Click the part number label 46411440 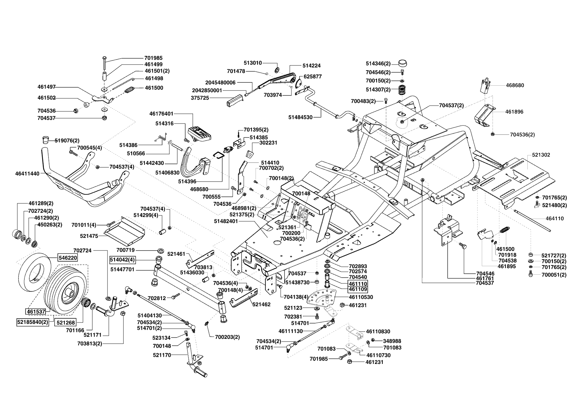pyautogui.click(x=27, y=174)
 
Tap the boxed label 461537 pyautogui.click(x=36, y=311)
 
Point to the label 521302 pyautogui.click(x=541, y=155)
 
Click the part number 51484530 pyautogui.click(x=300, y=117)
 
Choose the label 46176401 pyautogui.click(x=162, y=114)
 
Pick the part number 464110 pyautogui.click(x=555, y=219)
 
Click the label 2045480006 pyautogui.click(x=220, y=83)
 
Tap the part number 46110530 pyautogui.click(x=361, y=297)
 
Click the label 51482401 pyautogui.click(x=226, y=221)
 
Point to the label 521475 pyautogui.click(x=89, y=235)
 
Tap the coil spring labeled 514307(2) pyautogui.click(x=402, y=90)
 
